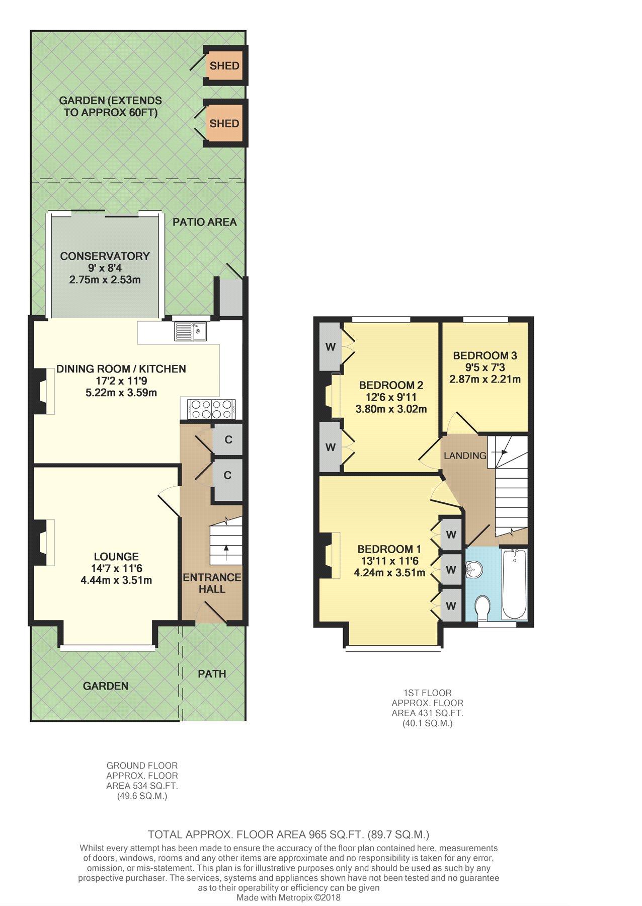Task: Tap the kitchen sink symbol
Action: tap(191, 331)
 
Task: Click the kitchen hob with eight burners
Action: tap(211, 409)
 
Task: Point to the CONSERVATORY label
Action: tap(105, 256)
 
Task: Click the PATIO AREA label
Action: tap(205, 222)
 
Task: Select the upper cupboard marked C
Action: tap(228, 440)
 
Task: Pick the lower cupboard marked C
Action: tap(228, 476)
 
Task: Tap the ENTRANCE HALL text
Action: tap(212, 583)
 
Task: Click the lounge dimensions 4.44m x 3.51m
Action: tap(116, 580)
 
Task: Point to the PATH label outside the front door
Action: tap(212, 674)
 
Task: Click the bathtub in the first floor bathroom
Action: tap(514, 584)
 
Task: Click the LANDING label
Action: tap(465, 456)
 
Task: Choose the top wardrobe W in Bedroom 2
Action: tap(331, 346)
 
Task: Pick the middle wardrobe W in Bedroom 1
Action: tap(451, 570)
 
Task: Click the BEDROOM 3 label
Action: tap(485, 356)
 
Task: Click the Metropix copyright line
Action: tap(288, 897)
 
